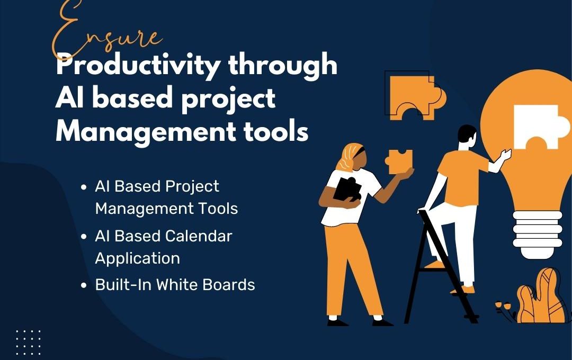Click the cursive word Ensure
point(106,31)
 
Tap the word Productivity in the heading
point(138,66)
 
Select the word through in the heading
point(283,65)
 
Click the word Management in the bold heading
point(146,131)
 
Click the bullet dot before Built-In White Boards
point(84,285)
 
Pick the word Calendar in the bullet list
point(199,236)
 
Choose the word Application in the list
point(138,259)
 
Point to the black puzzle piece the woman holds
point(347,189)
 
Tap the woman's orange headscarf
point(350,156)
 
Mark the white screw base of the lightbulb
point(538,234)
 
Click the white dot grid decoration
point(29,342)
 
